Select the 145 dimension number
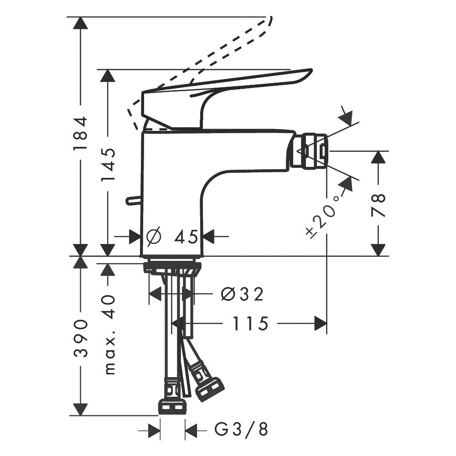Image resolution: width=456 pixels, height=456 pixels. tap(108, 165)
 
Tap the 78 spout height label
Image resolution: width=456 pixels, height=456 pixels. tap(378, 205)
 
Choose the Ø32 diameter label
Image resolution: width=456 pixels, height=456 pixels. tap(242, 294)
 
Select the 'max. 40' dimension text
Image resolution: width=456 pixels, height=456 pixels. tap(109, 335)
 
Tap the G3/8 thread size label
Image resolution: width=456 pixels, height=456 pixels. tap(241, 429)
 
